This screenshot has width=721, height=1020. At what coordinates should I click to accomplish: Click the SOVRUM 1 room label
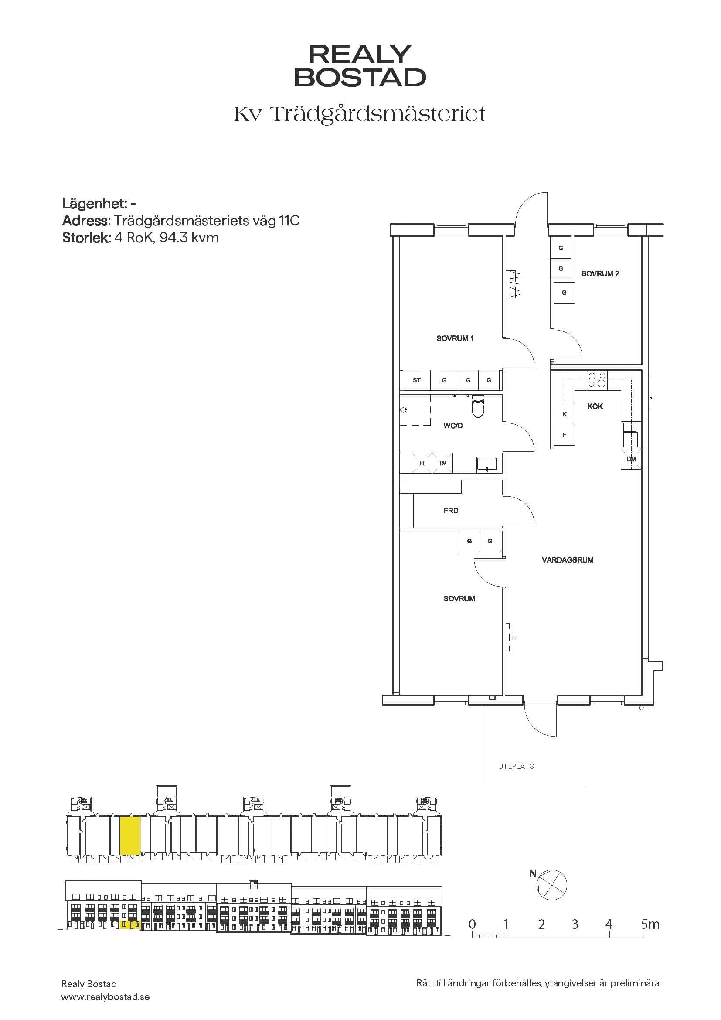tap(455, 338)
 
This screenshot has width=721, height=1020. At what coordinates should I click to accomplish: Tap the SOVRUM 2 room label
tap(600, 274)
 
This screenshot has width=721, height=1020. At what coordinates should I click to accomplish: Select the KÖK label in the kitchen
tap(595, 406)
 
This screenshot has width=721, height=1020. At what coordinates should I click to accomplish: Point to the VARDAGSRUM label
tap(568, 560)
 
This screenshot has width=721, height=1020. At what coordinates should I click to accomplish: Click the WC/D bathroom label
tap(453, 426)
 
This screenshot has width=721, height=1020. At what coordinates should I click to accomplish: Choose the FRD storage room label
tap(451, 511)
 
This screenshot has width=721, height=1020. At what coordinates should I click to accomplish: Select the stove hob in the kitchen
tap(597, 380)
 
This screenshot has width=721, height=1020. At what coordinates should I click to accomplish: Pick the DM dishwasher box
tap(631, 459)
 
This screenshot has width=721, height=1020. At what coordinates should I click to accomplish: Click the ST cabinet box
tap(416, 380)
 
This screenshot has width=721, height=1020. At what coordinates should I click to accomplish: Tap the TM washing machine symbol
tap(442, 463)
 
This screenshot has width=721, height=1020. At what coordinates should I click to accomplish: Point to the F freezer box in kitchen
tap(564, 435)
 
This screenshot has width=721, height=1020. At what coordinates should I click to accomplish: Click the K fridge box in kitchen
tap(564, 414)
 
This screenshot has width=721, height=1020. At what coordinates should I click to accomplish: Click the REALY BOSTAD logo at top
tap(360, 65)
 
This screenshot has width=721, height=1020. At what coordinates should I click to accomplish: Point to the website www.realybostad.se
tap(105, 997)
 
